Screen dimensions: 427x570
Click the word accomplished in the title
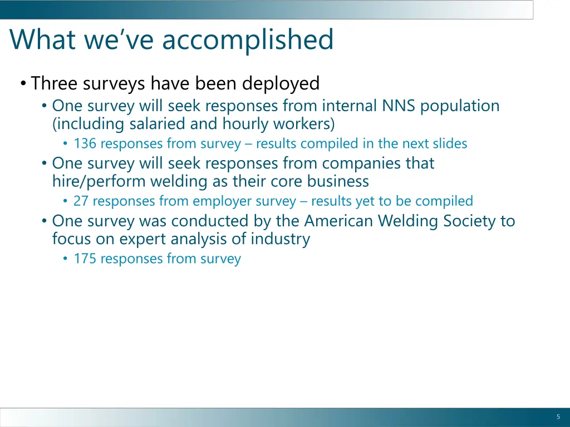248,40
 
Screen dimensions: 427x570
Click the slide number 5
558,417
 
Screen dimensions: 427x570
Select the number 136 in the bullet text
85,143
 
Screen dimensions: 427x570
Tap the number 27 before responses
81,201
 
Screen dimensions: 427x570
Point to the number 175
85,259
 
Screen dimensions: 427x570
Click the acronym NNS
399,106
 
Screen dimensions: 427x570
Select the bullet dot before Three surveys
22,84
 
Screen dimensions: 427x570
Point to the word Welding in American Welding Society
408,221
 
